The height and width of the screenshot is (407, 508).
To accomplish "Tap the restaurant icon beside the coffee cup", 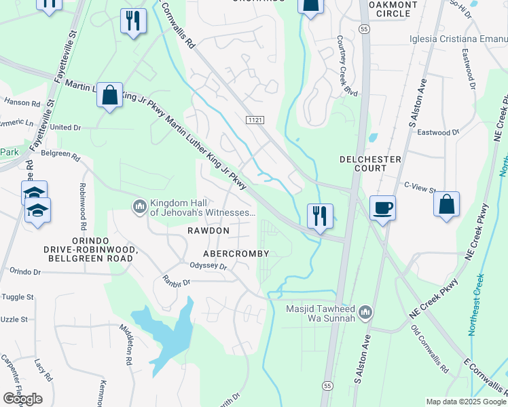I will click(x=319, y=216).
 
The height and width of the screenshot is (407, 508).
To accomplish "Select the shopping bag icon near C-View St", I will click(x=446, y=206).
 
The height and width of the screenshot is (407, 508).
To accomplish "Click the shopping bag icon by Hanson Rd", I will click(x=109, y=96).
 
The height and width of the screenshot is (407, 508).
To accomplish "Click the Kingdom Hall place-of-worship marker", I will click(x=140, y=206).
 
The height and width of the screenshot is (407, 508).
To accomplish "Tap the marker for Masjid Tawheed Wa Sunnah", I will click(x=366, y=312).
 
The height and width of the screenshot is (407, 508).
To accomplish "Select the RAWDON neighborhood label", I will click(x=208, y=231).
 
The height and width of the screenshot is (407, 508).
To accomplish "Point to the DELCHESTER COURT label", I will click(x=371, y=164).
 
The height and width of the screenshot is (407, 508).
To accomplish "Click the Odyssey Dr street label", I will click(x=207, y=266).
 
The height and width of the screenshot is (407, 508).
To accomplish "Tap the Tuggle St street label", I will click(x=17, y=297).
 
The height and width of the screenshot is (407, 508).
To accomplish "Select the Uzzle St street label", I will click(x=14, y=319).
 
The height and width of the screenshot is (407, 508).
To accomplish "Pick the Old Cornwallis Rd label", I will click(x=430, y=349).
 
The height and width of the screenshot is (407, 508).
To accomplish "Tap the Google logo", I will click(x=22, y=399).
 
